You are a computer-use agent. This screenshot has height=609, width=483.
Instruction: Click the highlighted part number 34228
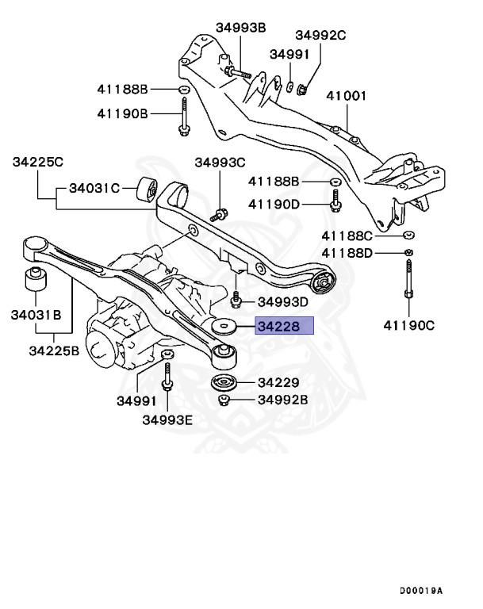[283, 325]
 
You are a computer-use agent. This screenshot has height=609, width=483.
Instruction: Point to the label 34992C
[321, 35]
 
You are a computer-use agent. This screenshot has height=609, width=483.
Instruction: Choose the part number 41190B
[123, 113]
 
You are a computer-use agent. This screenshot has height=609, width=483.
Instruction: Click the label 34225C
[37, 163]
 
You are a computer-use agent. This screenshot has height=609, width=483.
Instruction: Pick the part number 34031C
[94, 188]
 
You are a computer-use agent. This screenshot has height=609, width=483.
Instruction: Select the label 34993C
[220, 163]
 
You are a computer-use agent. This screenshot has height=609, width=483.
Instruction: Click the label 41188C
[347, 236]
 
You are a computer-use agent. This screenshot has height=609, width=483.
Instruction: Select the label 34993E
[167, 419]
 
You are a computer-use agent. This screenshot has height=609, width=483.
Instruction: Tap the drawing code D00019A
[421, 589]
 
